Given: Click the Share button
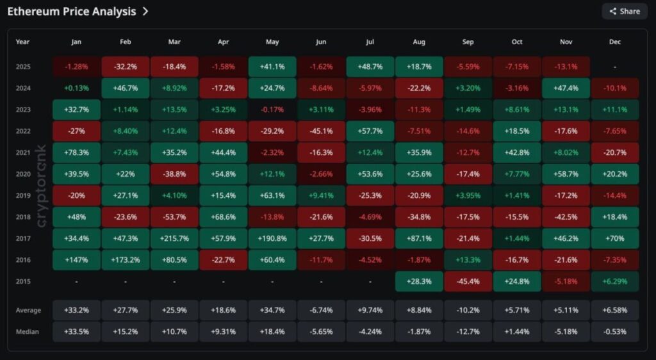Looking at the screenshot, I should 624,11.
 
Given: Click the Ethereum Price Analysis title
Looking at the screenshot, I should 72,12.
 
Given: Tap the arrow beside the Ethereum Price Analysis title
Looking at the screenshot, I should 145,12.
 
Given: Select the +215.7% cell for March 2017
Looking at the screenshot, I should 174,238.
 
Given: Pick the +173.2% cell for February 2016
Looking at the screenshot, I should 126,260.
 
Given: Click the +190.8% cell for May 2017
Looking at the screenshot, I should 272,238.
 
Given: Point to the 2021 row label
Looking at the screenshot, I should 23,152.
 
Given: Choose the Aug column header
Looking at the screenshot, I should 419,42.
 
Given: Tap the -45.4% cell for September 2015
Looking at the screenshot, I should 468,281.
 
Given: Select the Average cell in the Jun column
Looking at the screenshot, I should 321,310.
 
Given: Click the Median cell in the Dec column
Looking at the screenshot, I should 614,332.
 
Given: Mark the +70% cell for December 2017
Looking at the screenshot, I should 614,238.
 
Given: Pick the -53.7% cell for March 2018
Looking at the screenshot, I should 174,217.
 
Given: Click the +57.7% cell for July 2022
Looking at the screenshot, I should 370,131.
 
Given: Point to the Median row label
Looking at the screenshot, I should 28,332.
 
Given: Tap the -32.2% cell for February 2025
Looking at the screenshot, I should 126,67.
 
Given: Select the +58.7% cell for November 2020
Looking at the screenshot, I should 566,174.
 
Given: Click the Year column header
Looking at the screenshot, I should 23,42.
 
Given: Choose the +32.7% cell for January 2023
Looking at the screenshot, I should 76,110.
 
